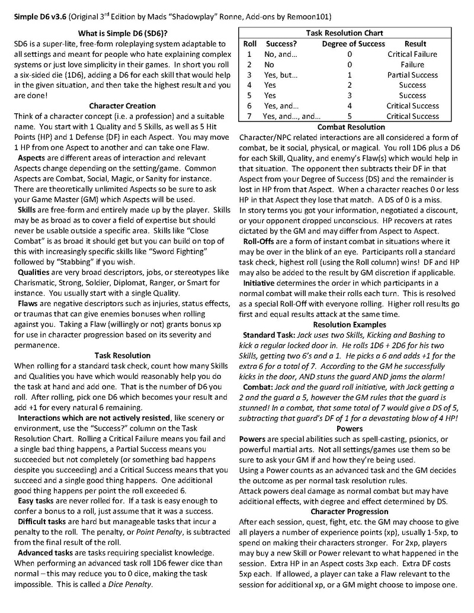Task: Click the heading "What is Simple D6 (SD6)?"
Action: point(123,33)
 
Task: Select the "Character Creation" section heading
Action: point(123,105)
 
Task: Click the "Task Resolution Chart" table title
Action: point(344,33)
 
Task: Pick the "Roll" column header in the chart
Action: point(249,44)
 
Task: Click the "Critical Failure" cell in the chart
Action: point(412,54)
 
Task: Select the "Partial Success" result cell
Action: point(412,75)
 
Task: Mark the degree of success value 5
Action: point(350,116)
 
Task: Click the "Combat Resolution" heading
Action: point(351,127)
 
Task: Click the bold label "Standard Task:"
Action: point(271,335)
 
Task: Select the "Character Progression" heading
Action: point(350,511)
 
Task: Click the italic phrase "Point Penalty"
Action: point(159,532)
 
